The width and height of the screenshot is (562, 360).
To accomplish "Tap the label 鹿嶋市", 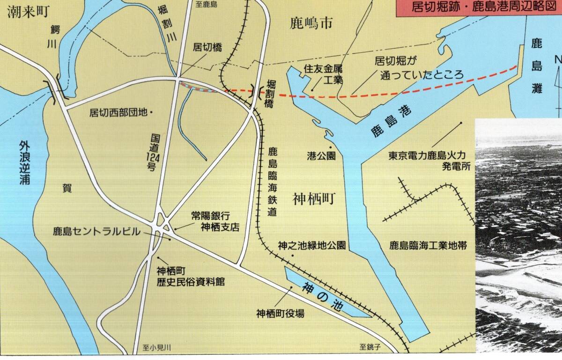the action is click(x=311, y=23).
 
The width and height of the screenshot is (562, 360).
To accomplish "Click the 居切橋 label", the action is click(x=207, y=47).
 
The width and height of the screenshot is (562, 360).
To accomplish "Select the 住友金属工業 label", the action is click(x=323, y=74).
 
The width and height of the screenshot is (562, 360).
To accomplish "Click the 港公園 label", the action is click(x=321, y=156).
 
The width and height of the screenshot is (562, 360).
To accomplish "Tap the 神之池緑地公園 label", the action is click(x=311, y=245).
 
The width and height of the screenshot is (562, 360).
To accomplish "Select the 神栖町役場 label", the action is click(x=280, y=314).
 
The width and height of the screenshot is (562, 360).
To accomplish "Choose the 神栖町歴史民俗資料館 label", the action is click(x=191, y=276).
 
